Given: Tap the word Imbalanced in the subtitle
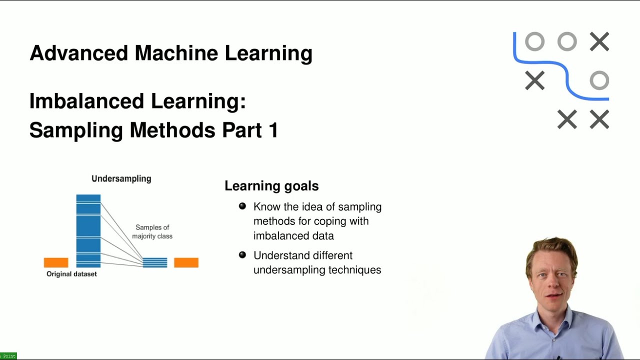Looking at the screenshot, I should (x=86, y=101).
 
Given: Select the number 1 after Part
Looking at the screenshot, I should (x=272, y=130).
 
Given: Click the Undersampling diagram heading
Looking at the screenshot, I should (x=121, y=178).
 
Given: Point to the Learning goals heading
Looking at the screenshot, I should (x=271, y=186).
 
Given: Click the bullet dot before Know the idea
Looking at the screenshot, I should (x=242, y=206).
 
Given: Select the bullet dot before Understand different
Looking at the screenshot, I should (x=242, y=255).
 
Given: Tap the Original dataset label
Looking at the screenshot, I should (x=71, y=274).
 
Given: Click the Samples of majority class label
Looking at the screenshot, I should (x=152, y=231).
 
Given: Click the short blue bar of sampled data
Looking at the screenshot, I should (x=155, y=262).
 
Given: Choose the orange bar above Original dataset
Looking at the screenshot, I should (x=56, y=262).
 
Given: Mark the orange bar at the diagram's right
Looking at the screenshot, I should (x=186, y=262).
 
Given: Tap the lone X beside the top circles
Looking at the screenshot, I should (x=599, y=42).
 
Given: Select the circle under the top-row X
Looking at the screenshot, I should (x=599, y=80).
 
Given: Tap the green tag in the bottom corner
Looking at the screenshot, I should (x=8, y=356).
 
